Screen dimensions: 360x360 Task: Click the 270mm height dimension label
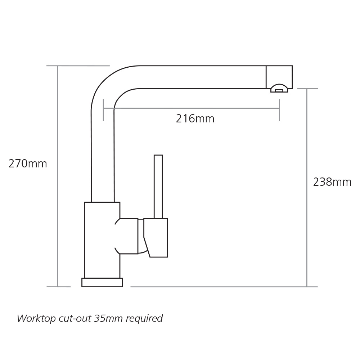[28, 164]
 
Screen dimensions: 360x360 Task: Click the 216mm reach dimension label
[195, 119]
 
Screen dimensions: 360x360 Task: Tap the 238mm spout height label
[332, 182]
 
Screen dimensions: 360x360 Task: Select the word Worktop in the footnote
[36, 319]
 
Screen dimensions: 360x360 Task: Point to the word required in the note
[144, 319]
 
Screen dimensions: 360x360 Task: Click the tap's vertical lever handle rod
[158, 186]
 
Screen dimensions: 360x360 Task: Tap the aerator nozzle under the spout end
[279, 89]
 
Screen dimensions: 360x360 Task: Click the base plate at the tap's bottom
[102, 282]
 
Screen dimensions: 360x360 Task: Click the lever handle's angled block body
[156, 238]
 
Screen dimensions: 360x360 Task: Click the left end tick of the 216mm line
[103, 110]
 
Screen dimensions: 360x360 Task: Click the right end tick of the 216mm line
[279, 110]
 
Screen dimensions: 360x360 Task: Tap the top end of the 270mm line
[57, 66]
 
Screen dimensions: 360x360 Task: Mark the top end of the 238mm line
[307, 89]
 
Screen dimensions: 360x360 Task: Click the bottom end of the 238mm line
[307, 287]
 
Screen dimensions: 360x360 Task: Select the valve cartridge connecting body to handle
[129, 236]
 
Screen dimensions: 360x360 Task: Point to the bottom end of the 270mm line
[57, 287]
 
